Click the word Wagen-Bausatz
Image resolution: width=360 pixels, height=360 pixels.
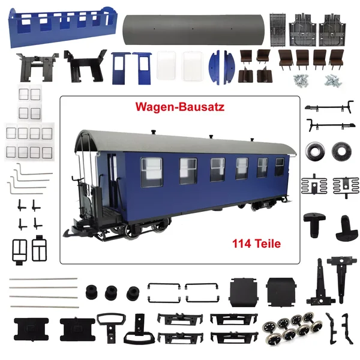click(x=180, y=107)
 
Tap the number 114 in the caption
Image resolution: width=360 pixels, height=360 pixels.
click(x=242, y=244)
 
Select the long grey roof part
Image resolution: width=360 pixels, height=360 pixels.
click(x=193, y=30)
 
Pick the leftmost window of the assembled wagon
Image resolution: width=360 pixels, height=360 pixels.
click(x=152, y=172)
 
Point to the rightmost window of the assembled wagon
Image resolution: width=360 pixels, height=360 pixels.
click(x=280, y=167)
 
